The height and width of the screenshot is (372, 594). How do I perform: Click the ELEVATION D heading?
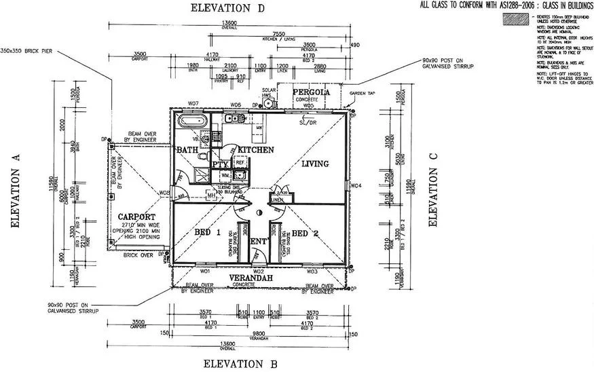click(227, 8)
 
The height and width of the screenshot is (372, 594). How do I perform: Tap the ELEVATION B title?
click(240, 363)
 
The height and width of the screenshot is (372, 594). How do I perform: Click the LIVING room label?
click(315, 164)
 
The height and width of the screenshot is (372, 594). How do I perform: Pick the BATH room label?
click(187, 149)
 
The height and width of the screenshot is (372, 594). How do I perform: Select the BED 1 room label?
click(208, 233)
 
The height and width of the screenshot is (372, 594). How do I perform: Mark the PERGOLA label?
click(311, 92)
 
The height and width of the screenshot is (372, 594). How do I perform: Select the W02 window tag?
click(258, 271)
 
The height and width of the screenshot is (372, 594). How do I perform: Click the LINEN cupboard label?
click(276, 200)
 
